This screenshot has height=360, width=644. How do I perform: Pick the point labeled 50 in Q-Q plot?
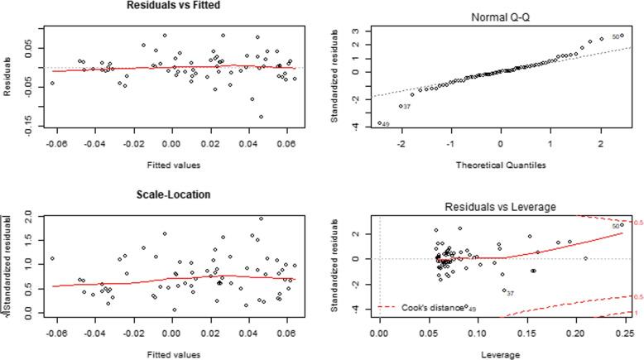point(622,36)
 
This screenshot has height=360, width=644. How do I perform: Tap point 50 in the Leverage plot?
point(622,224)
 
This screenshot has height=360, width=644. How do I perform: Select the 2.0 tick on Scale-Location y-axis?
point(26,215)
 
